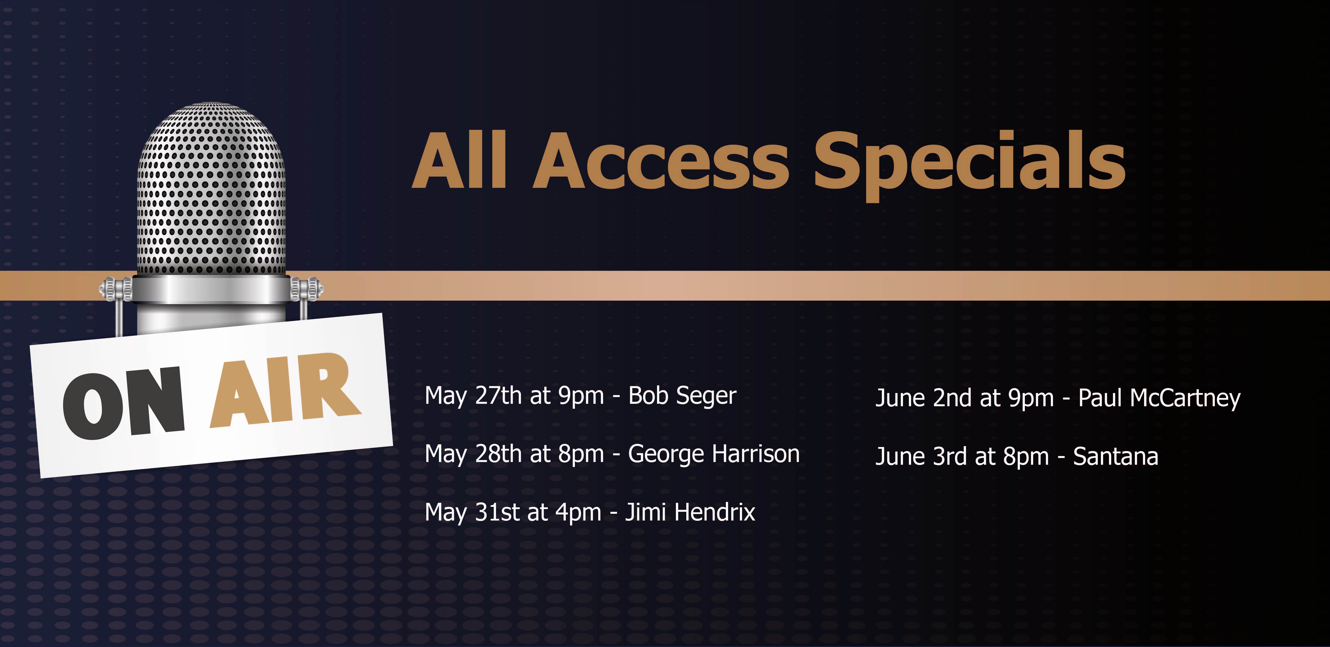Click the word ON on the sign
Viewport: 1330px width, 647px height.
coord(124,404)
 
